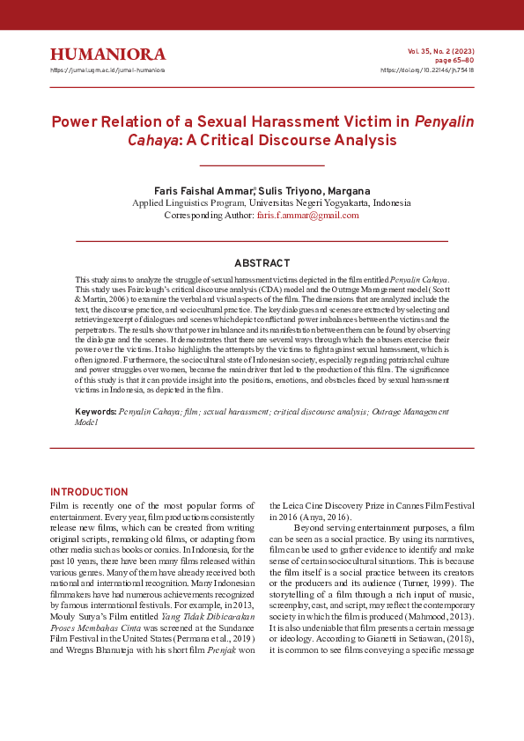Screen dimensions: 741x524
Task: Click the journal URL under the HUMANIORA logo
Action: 107,70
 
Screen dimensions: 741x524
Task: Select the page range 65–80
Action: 454,60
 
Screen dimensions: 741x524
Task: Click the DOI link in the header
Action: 426,70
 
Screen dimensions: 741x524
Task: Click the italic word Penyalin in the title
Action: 441,121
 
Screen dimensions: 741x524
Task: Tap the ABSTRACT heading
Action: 262,263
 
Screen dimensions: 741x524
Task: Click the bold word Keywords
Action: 95,411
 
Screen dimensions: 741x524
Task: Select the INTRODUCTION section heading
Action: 89,492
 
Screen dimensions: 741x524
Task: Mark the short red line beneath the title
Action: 262,165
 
